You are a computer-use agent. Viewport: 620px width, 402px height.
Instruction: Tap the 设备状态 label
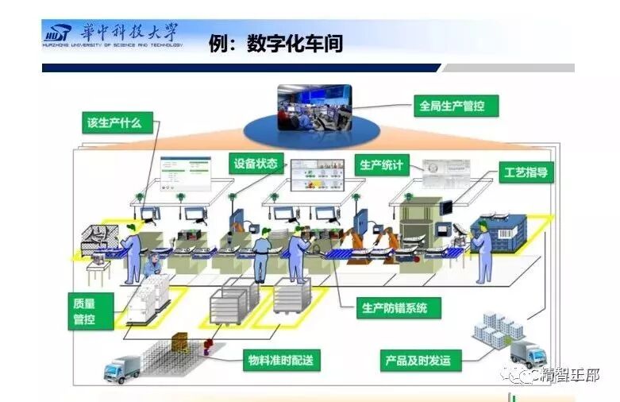coord(256,164)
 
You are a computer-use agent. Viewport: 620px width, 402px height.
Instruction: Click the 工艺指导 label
coord(526,172)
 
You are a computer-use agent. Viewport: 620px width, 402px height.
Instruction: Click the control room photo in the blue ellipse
coord(314,109)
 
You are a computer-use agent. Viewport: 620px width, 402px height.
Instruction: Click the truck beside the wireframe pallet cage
coord(122,368)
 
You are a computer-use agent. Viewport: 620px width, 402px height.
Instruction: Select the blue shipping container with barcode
coord(499,230)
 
